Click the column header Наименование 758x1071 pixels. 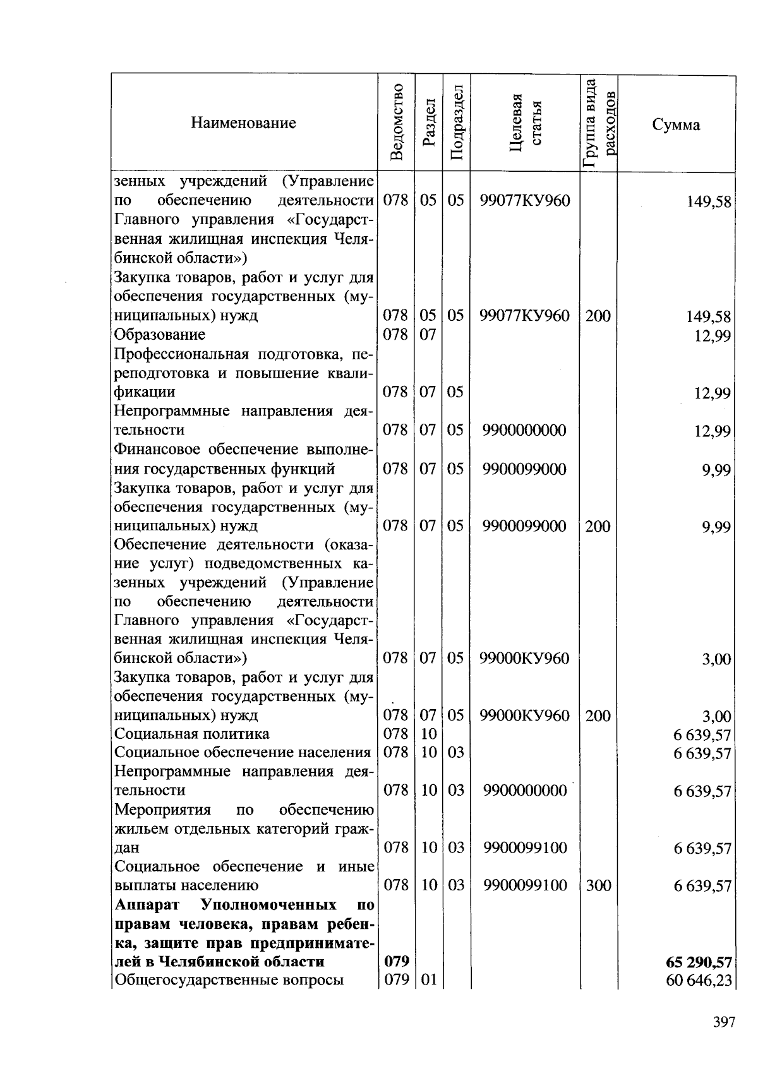(243, 123)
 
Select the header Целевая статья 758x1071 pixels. (526, 123)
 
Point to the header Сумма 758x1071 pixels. (676, 124)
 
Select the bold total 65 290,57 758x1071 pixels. (698, 962)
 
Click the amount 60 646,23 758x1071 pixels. (699, 980)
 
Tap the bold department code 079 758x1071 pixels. (397, 961)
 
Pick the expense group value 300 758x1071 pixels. (598, 885)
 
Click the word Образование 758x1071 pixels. (159, 334)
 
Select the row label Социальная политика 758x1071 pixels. (191, 734)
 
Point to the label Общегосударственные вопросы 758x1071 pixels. (229, 980)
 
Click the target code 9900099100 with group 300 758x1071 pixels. (525, 885)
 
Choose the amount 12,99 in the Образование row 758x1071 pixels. (713, 335)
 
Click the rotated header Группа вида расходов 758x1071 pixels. (598, 123)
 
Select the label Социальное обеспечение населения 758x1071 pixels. (242, 753)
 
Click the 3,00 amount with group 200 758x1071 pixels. (716, 716)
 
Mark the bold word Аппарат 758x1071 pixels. (144, 904)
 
